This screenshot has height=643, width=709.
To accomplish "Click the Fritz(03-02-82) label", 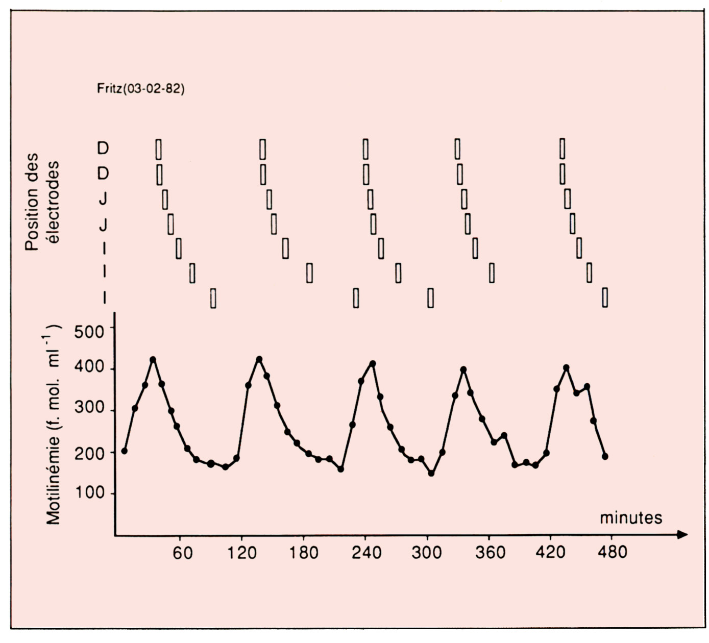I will tap(140, 89).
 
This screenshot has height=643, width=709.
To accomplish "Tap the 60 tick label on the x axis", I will tap(183, 553).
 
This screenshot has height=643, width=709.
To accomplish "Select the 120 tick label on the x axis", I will tap(243, 553).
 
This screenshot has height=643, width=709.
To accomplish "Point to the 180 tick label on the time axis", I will tap(304, 553).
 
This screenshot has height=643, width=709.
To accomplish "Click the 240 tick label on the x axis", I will tap(366, 553).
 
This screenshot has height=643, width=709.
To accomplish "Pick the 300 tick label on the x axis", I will tap(427, 553).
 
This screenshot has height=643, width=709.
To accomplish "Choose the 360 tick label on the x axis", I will tap(490, 553).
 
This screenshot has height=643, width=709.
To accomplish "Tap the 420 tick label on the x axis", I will tap(551, 553).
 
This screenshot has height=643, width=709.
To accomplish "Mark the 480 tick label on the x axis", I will tap(611, 553).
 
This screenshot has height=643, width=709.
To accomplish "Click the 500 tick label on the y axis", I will tap(89, 332).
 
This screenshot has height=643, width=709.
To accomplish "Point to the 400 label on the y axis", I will tap(89, 369).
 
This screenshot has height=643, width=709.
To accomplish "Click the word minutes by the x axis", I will tap(630, 518).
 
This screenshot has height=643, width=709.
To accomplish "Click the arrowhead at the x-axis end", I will tap(683, 535).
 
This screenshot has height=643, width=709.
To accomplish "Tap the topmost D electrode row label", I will tap(103, 149).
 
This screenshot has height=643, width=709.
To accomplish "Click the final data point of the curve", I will tap(605, 456).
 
